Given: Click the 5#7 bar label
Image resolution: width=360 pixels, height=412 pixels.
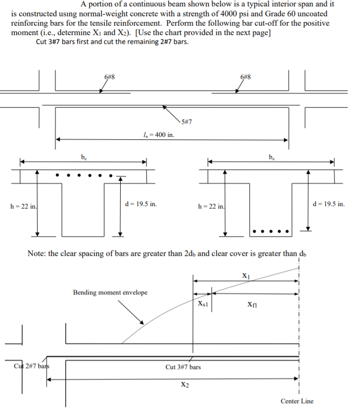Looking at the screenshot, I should pyautogui.click(x=187, y=122).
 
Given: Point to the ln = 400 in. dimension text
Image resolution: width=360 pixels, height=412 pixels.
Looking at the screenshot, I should pyautogui.click(x=158, y=134).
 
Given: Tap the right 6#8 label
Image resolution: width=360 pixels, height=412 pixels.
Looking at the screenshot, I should pyautogui.click(x=245, y=77).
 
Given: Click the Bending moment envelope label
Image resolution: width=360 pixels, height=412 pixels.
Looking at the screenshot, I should pyautogui.click(x=110, y=292).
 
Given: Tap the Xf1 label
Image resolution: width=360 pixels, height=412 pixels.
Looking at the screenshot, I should pyautogui.click(x=252, y=305).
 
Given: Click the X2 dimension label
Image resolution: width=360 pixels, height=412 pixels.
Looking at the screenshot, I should pyautogui.click(x=184, y=385).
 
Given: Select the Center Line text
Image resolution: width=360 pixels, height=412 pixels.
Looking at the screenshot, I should pyautogui.click(x=297, y=401).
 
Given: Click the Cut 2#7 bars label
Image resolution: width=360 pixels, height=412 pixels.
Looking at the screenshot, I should pyautogui.click(x=32, y=367).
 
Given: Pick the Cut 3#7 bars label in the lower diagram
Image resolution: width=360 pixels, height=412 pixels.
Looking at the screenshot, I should pyautogui.click(x=183, y=367).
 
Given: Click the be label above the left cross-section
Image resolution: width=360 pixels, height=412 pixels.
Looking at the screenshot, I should pyautogui.click(x=84, y=157).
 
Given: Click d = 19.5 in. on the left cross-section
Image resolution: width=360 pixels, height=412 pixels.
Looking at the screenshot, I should pyautogui.click(x=142, y=204).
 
